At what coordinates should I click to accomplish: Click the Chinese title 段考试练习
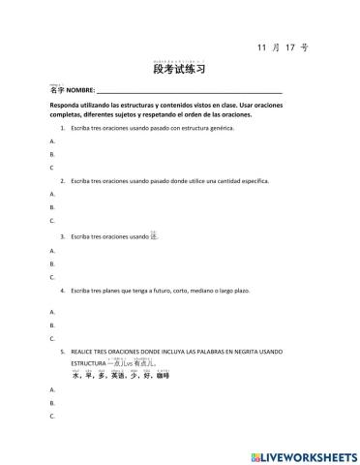coord(179,70)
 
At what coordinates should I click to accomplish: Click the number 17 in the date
coord(288,47)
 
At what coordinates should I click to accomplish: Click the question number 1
coord(62,128)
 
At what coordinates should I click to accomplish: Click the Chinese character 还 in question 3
coord(154,234)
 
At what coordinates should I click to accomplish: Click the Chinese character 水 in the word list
coord(76,375)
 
